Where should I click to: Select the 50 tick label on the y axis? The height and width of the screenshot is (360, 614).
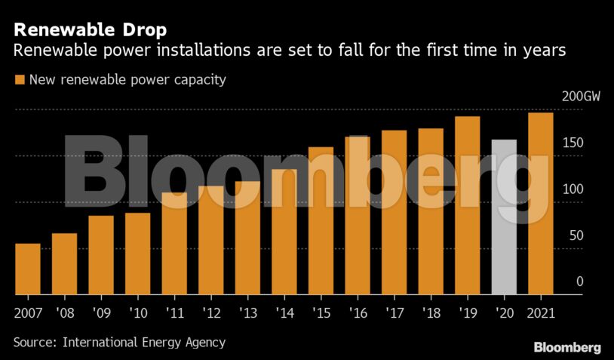(576, 235)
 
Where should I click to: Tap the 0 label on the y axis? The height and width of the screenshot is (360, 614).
(580, 282)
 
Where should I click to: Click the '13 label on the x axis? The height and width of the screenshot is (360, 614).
(247, 311)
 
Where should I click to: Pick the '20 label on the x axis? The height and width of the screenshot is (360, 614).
(504, 311)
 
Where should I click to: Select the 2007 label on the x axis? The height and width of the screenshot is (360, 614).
(28, 311)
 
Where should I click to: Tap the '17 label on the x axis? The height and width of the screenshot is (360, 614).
(394, 311)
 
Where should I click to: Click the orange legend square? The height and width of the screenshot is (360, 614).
(19, 79)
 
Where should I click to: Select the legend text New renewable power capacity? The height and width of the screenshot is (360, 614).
(127, 79)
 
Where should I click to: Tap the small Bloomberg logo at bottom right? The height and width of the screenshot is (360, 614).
(567, 347)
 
